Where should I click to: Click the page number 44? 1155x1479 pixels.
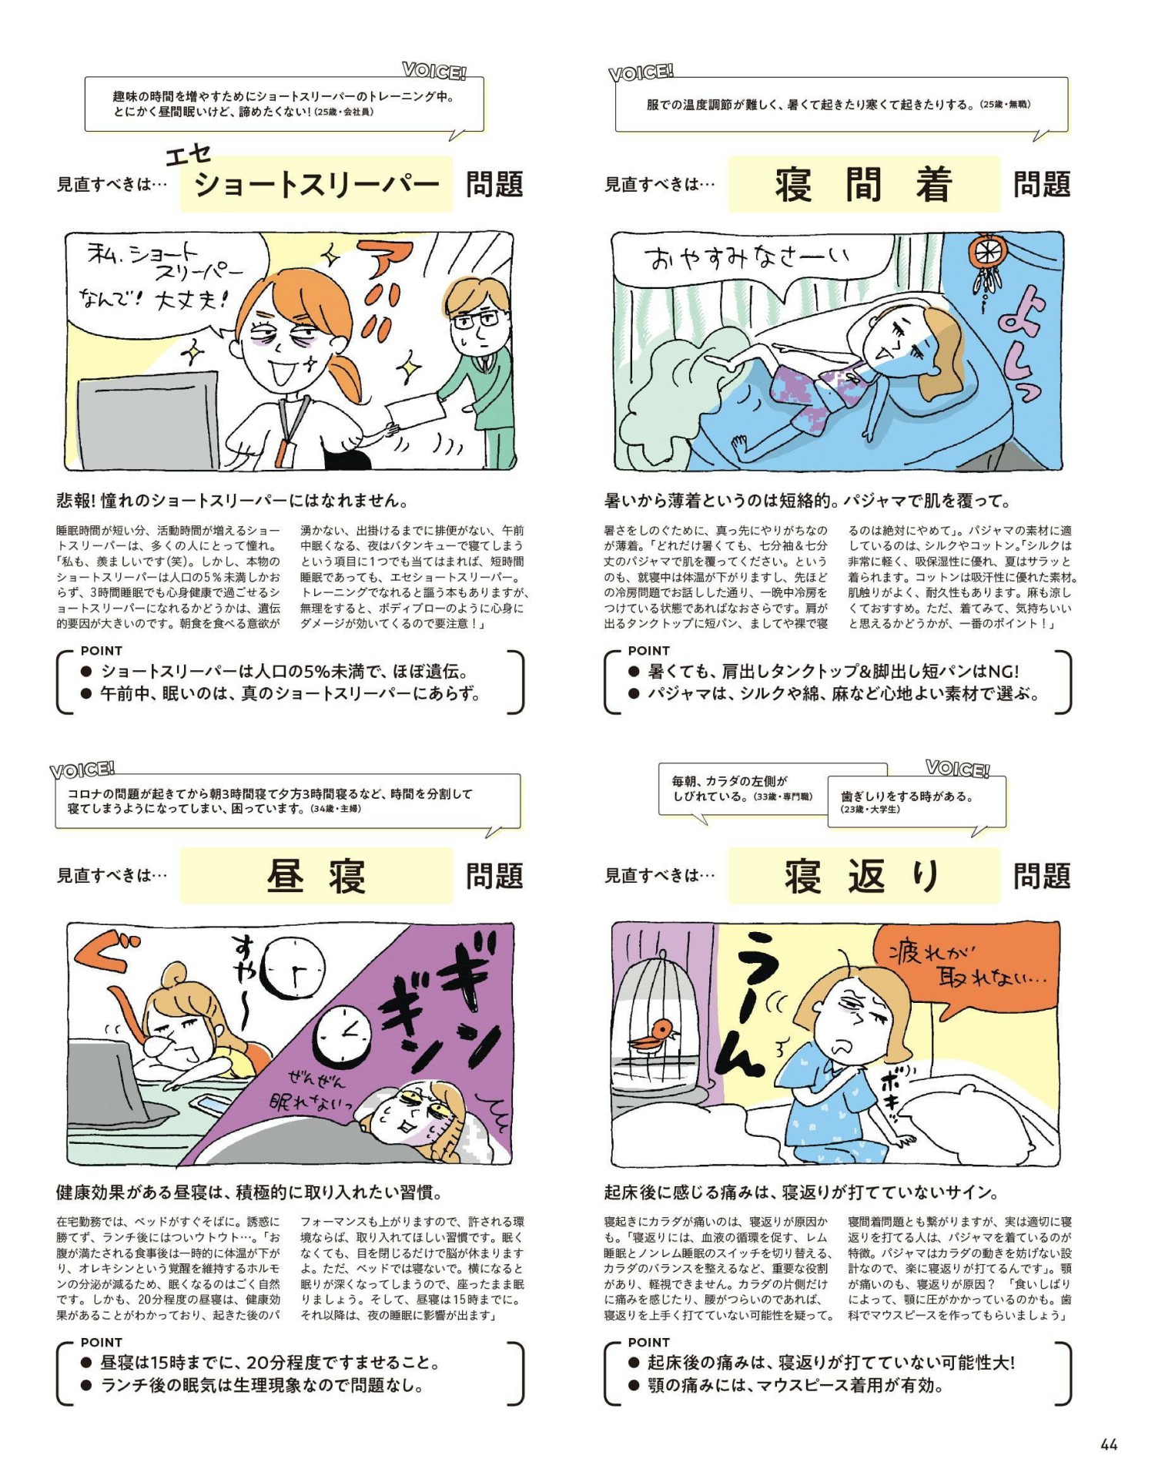click(1108, 1444)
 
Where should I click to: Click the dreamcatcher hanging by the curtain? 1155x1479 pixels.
click(986, 266)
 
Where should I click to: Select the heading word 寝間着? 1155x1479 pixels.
click(863, 185)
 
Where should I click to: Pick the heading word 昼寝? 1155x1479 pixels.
click(316, 876)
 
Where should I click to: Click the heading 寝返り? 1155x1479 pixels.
click(863, 876)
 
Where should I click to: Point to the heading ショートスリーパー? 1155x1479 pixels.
click(316, 185)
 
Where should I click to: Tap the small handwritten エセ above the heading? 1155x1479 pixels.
click(188, 155)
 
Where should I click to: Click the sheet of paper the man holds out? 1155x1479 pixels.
click(415, 413)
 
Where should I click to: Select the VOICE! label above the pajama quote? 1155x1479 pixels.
click(641, 73)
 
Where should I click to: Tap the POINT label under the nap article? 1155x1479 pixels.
click(102, 1343)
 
